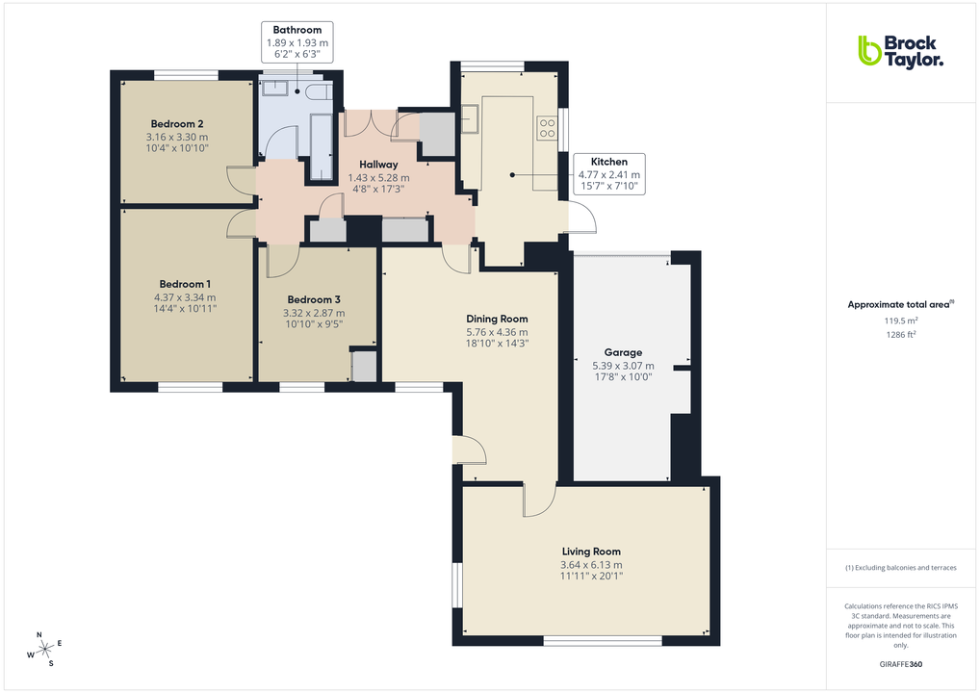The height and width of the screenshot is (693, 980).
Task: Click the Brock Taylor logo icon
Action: [869, 50]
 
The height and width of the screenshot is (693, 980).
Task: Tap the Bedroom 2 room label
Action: [176, 123]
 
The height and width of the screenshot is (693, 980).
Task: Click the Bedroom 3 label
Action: [314, 299]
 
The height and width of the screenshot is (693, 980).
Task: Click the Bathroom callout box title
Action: [297, 30]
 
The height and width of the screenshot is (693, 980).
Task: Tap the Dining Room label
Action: [497, 319]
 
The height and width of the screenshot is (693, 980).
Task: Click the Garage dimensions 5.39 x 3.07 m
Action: [623, 366]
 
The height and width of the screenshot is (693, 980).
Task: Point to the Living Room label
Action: [591, 552]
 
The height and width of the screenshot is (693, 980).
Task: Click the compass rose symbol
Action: [44, 650]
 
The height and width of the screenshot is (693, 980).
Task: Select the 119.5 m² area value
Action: [900, 321]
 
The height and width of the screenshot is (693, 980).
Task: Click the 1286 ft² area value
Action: [900, 334]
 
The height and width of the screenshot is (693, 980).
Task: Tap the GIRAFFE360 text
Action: [902, 664]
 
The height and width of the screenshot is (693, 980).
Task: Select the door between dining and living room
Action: [538, 498]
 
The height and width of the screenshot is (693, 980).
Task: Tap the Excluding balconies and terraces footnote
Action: [900, 567]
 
